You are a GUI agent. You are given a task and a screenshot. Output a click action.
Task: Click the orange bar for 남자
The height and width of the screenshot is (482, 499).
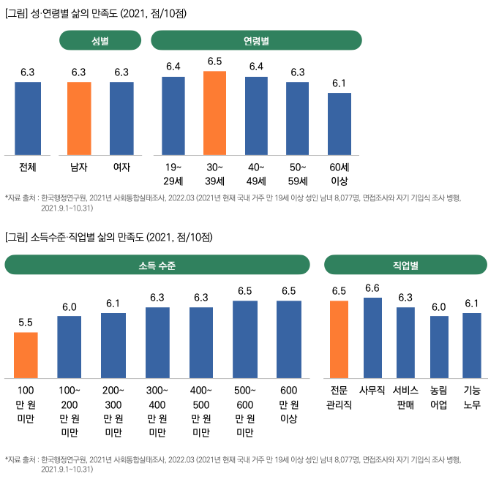[79, 118]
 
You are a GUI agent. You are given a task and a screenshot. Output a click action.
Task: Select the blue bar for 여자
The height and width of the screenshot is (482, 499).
[121, 118]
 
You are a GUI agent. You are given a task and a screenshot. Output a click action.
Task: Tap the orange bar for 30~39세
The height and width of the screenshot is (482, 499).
[215, 113]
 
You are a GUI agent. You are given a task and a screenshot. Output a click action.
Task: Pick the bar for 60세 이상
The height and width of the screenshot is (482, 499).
[339, 124]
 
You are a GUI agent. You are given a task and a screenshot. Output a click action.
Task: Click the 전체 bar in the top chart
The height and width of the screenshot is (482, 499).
[28, 118]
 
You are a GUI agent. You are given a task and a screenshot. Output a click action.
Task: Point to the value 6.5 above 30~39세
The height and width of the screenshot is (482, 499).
[215, 61]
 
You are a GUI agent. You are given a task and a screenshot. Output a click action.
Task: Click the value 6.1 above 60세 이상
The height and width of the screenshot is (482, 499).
[339, 83]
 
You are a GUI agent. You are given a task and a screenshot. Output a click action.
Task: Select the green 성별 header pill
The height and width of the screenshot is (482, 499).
[100, 41]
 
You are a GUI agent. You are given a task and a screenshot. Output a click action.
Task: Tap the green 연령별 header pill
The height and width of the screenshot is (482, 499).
[256, 41]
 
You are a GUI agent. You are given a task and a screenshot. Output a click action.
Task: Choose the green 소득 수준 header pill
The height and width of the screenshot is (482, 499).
[157, 265]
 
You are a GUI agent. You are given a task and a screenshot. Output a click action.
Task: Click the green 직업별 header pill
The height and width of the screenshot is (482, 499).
[405, 265]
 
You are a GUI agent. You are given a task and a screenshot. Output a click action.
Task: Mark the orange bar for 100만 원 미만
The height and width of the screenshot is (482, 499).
[26, 354]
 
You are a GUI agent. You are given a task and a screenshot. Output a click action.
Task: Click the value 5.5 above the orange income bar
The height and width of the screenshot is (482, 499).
[26, 323]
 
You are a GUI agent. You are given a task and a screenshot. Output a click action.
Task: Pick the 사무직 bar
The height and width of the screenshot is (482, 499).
[372, 337]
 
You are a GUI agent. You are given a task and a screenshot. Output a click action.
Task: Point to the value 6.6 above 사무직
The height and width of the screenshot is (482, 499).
[372, 288]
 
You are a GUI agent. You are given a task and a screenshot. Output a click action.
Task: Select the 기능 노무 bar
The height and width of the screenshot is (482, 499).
[472, 344]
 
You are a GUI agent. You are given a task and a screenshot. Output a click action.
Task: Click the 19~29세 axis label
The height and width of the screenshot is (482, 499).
[173, 173]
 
